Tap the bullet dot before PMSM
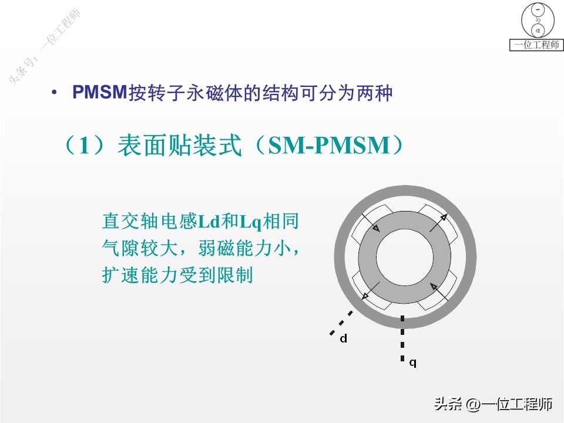coord(55,93)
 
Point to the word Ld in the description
coord(209,222)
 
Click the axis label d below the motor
coord(344,339)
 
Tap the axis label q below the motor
coord(412,362)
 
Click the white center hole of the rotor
coord(404,257)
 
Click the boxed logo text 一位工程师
coord(536,45)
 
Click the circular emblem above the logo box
coord(536,19)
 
